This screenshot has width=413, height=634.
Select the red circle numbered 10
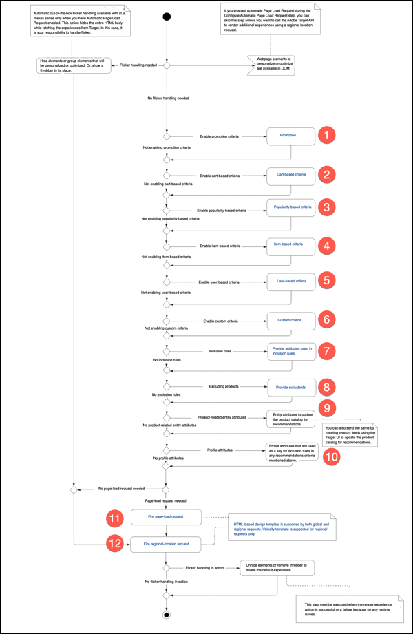[x=330, y=455]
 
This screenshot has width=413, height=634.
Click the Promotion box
[x=288, y=136]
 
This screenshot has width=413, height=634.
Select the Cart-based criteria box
[x=290, y=175]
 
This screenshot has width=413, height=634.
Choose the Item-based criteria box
[x=290, y=244]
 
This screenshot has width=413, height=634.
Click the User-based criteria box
[x=290, y=282]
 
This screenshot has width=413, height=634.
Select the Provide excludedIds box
[x=290, y=387]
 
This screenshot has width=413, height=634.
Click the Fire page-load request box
[x=165, y=516]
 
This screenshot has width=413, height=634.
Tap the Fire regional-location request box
[x=165, y=544]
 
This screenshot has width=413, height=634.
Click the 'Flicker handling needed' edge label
[x=140, y=65]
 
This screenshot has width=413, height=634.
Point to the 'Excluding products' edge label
[x=222, y=387]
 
